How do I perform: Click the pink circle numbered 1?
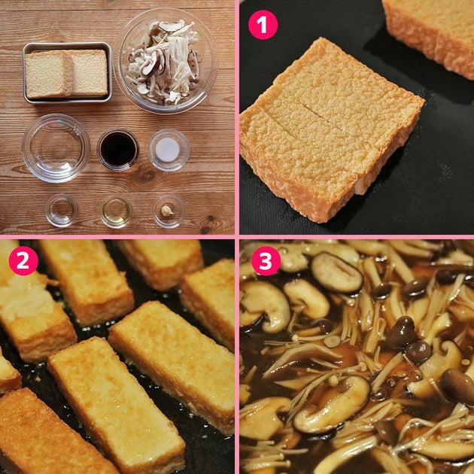263,25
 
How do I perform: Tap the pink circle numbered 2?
23,260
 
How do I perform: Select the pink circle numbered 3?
266,260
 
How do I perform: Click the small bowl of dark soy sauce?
118,150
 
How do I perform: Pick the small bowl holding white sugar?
169,150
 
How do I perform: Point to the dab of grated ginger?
167,211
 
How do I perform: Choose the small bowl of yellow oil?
116,211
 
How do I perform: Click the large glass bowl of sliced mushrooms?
166,60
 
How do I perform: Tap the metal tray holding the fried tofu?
68,73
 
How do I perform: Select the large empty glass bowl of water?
56,147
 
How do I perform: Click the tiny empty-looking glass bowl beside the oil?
62,210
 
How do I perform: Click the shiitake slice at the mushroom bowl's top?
172,26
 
